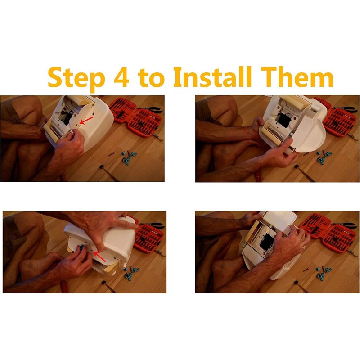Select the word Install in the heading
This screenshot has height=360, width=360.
[x=212, y=76]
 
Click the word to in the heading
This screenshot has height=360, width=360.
[x=151, y=78]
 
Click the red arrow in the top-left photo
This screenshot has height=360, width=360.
[x=86, y=121]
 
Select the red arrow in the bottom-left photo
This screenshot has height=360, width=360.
[x=100, y=256]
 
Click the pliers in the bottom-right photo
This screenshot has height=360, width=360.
[x=345, y=225]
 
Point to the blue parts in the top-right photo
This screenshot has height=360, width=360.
[x=323, y=157]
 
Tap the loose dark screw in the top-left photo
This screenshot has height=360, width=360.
[x=111, y=154]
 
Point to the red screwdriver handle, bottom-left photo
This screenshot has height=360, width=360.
[x=64, y=287]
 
